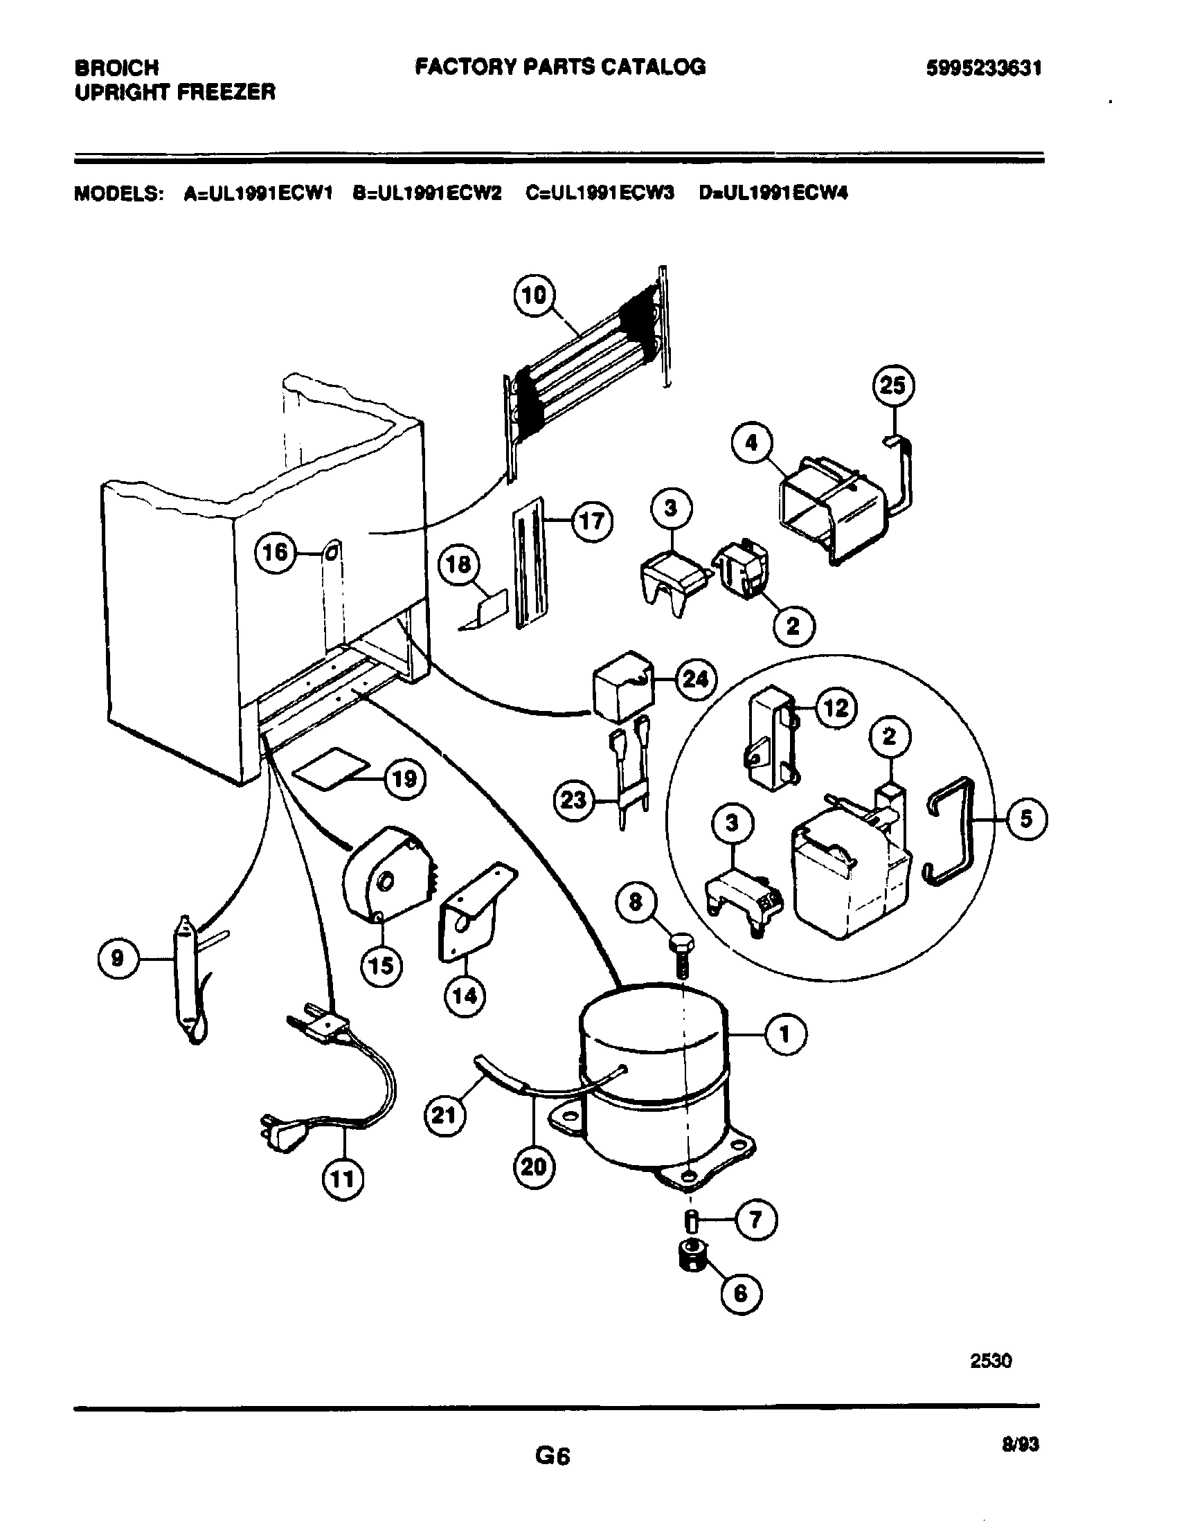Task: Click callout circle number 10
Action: click(534, 296)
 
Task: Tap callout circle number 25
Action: click(893, 386)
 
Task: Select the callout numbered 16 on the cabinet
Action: click(275, 553)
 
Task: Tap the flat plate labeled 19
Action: click(332, 768)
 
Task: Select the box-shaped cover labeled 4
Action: click(829, 508)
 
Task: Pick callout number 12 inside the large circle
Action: click(836, 708)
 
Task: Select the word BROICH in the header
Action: click(116, 68)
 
